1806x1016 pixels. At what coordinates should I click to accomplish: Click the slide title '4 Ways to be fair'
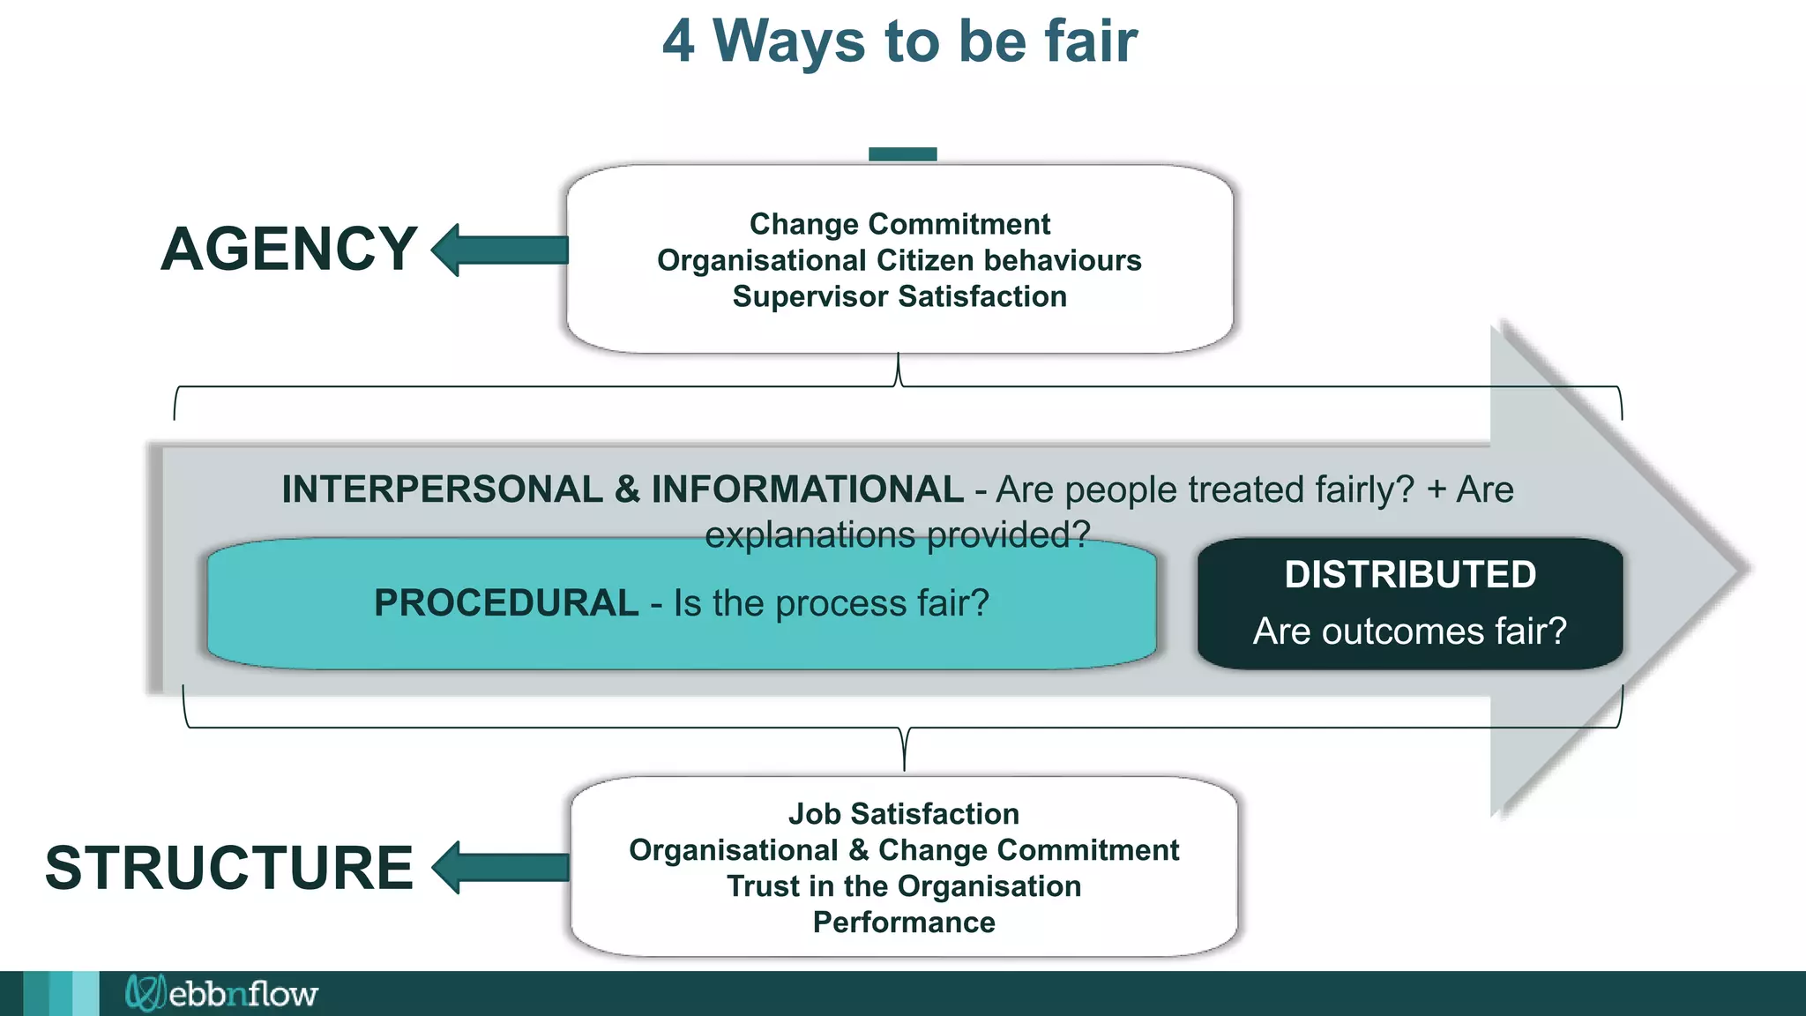pos(899,41)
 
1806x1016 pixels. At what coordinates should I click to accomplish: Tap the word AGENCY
pos(289,250)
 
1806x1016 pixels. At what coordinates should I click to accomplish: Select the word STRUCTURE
pos(229,868)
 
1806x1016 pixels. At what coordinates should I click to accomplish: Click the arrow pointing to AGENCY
pos(500,250)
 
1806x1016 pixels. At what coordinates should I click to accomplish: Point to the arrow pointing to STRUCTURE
pos(501,868)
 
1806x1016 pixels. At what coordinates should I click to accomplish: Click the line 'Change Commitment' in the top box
pos(899,224)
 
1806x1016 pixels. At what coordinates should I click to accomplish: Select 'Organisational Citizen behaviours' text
pos(899,260)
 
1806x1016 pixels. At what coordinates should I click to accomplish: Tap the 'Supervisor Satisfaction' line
pos(899,296)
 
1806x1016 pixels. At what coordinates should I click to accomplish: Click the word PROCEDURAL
pos(506,603)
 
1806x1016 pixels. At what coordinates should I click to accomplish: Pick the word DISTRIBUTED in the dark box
pos(1410,574)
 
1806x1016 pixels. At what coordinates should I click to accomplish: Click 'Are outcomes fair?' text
pos(1410,631)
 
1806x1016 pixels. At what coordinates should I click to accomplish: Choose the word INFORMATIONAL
pos(807,489)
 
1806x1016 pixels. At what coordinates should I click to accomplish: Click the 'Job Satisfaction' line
pos(904,813)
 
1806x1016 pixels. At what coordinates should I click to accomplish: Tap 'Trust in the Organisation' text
pos(904,885)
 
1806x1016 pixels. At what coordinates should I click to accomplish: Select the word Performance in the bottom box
pos(904,923)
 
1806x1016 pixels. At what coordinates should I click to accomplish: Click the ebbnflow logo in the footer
pos(222,994)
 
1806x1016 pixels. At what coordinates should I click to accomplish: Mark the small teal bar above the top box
pos(902,154)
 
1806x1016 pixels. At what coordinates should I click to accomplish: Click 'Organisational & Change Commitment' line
pos(904,849)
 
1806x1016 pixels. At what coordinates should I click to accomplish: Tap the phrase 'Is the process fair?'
pos(832,603)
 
